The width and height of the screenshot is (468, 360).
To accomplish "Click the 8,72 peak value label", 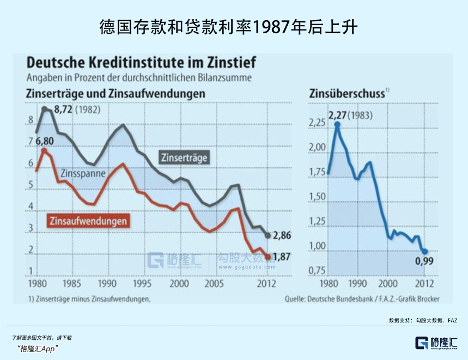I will [63, 109].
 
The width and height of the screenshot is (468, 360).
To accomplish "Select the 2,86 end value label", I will [282, 235].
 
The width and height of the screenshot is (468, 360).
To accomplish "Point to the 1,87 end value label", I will [282, 257].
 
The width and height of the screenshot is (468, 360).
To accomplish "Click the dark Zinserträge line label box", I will [185, 158].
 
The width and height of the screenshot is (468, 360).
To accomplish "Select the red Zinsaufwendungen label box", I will [88, 221].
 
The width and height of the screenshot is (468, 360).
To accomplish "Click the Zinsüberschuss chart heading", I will [347, 94].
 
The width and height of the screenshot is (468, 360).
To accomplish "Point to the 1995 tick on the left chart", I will [142, 284].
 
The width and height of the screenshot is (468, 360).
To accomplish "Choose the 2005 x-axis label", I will [214, 284].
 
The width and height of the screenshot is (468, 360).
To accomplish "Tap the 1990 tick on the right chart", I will [357, 284].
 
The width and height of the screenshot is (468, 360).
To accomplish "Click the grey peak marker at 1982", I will [45, 109].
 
